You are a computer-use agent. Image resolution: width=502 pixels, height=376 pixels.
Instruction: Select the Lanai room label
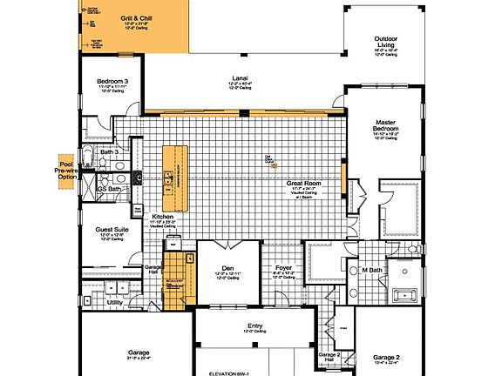[x=239, y=77]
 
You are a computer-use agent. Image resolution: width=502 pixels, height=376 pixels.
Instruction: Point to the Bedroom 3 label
[x=112, y=81]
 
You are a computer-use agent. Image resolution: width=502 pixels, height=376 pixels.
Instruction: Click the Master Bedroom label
[x=386, y=126]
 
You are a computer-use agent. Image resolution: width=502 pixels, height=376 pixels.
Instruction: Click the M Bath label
[x=373, y=270]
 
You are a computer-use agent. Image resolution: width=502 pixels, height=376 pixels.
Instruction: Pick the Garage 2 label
[x=385, y=357]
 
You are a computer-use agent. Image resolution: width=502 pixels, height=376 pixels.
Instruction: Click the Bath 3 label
[x=108, y=152]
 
